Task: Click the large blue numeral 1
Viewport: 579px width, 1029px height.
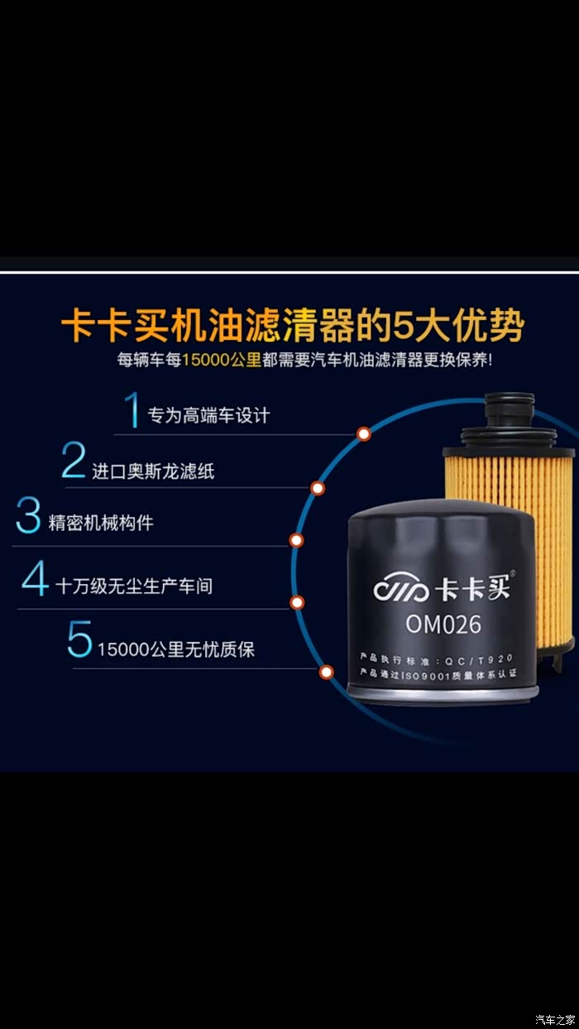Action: click(132, 409)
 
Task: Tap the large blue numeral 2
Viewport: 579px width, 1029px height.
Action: click(74, 460)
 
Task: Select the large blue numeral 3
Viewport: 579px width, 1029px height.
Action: click(28, 515)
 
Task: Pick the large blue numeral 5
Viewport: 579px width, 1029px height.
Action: click(79, 639)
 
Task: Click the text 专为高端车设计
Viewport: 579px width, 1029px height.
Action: click(208, 415)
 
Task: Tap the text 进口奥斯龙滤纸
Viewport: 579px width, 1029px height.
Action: click(154, 471)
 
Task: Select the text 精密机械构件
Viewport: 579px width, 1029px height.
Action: click(101, 523)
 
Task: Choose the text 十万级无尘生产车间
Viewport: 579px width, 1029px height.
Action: click(134, 586)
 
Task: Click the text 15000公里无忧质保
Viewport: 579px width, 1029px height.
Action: click(176, 649)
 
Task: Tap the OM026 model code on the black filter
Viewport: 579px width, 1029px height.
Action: click(443, 625)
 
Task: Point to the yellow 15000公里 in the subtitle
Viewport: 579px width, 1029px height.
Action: click(222, 360)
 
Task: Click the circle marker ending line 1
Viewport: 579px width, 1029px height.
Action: click(364, 433)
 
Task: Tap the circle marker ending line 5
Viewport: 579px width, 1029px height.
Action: click(326, 672)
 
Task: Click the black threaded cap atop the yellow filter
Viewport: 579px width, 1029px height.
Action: click(510, 411)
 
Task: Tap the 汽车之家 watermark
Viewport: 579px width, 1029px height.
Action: click(555, 1018)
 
